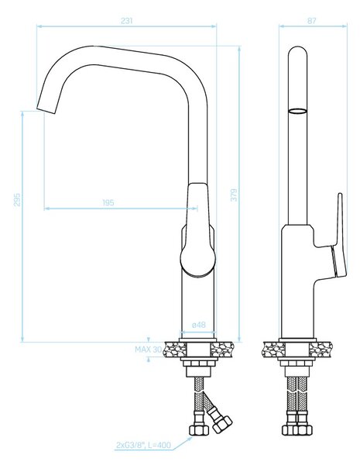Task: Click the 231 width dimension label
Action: click(126, 21)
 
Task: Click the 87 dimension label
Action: click(312, 21)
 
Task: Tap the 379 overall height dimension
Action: click(234, 195)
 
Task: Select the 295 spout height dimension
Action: click(17, 200)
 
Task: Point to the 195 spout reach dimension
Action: click(108, 203)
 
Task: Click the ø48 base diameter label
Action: click(198, 325)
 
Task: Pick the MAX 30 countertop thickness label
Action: click(149, 350)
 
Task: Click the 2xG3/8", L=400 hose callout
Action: click(144, 445)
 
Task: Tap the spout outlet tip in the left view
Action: click(46, 108)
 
